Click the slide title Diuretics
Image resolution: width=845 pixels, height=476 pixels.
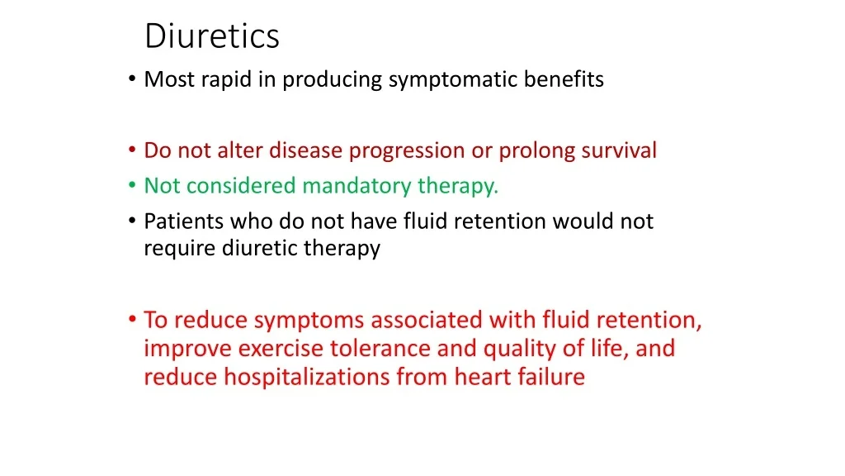(x=212, y=36)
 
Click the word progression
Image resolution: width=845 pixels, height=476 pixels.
(x=407, y=151)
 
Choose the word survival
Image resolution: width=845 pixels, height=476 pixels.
(x=619, y=150)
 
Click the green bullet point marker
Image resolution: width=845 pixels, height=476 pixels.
(x=132, y=185)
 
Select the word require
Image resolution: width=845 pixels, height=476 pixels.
(x=179, y=249)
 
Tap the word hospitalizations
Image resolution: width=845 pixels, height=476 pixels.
(x=307, y=377)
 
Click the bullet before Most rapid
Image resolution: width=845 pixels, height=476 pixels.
(x=132, y=79)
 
